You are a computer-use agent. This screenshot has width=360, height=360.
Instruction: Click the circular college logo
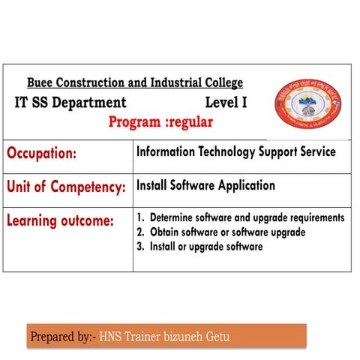(x=308, y=104)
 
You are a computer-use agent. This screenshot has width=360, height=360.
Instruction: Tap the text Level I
(x=226, y=102)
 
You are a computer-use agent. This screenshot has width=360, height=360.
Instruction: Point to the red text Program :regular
(x=160, y=121)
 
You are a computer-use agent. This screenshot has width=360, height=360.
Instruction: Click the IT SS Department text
(x=70, y=103)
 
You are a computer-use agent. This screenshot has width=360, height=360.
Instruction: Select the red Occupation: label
(x=42, y=154)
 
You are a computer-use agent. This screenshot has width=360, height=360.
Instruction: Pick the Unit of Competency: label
(x=66, y=187)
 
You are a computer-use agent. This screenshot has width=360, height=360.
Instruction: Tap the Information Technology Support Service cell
(x=235, y=152)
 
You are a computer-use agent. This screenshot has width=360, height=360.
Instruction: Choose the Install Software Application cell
(x=205, y=185)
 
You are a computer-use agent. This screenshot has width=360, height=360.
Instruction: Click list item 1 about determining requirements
(x=240, y=217)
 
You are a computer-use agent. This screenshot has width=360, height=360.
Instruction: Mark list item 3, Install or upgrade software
(x=199, y=246)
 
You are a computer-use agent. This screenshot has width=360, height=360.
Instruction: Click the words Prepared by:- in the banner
(x=62, y=337)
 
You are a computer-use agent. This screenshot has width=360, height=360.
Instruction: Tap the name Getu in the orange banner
(x=216, y=337)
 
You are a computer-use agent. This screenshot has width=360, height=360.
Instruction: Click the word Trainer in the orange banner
(x=142, y=337)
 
